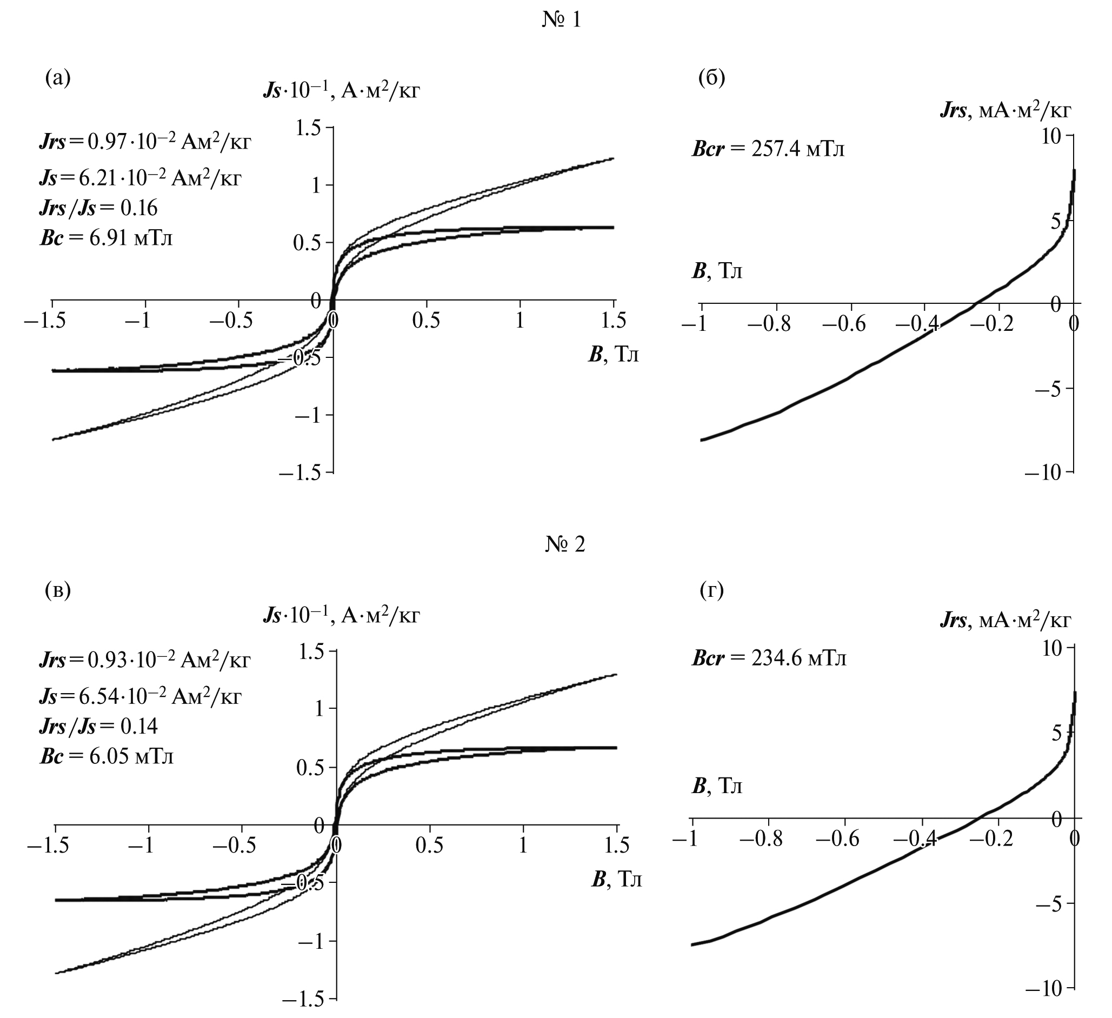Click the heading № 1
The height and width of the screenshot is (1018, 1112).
(x=562, y=21)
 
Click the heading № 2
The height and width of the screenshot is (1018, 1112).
(x=565, y=544)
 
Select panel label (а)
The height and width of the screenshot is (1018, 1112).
(x=58, y=78)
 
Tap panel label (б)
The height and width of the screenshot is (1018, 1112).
(x=711, y=78)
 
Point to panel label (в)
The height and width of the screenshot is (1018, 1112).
(x=58, y=590)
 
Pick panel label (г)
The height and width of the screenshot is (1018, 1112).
(x=711, y=590)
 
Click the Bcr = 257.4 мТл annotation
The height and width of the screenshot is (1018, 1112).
(x=768, y=149)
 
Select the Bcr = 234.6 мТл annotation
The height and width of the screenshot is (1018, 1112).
(x=768, y=658)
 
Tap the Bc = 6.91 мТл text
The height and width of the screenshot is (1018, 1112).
(x=106, y=238)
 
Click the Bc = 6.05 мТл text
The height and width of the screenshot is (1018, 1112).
(x=106, y=756)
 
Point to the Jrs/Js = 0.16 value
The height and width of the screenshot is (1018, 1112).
(x=98, y=208)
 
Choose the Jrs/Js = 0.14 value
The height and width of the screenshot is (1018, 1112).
(x=98, y=726)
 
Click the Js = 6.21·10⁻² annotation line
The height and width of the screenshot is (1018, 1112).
(x=140, y=178)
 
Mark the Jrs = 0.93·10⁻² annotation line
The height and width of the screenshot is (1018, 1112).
(x=144, y=659)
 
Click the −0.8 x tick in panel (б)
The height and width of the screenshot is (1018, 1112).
(x=769, y=324)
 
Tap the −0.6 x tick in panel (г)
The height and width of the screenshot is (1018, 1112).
(x=837, y=839)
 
